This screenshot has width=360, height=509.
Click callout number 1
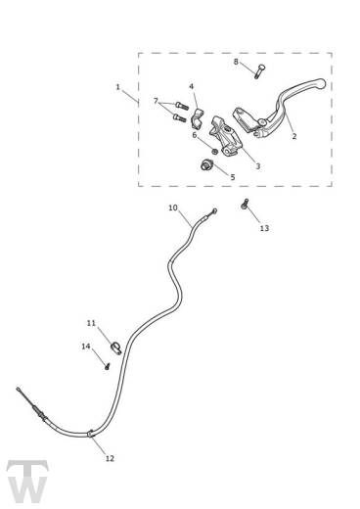point(118,87)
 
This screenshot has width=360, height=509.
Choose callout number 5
point(232,177)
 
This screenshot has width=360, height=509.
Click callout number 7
point(156,101)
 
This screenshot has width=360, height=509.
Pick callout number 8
point(236,62)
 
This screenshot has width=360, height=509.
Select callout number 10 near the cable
point(173,208)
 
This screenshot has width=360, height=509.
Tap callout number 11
point(90,322)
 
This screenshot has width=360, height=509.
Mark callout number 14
point(85,346)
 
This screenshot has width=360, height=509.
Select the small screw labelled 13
point(245,207)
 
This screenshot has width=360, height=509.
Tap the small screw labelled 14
point(103,364)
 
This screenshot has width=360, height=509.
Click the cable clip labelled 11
point(115,344)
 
